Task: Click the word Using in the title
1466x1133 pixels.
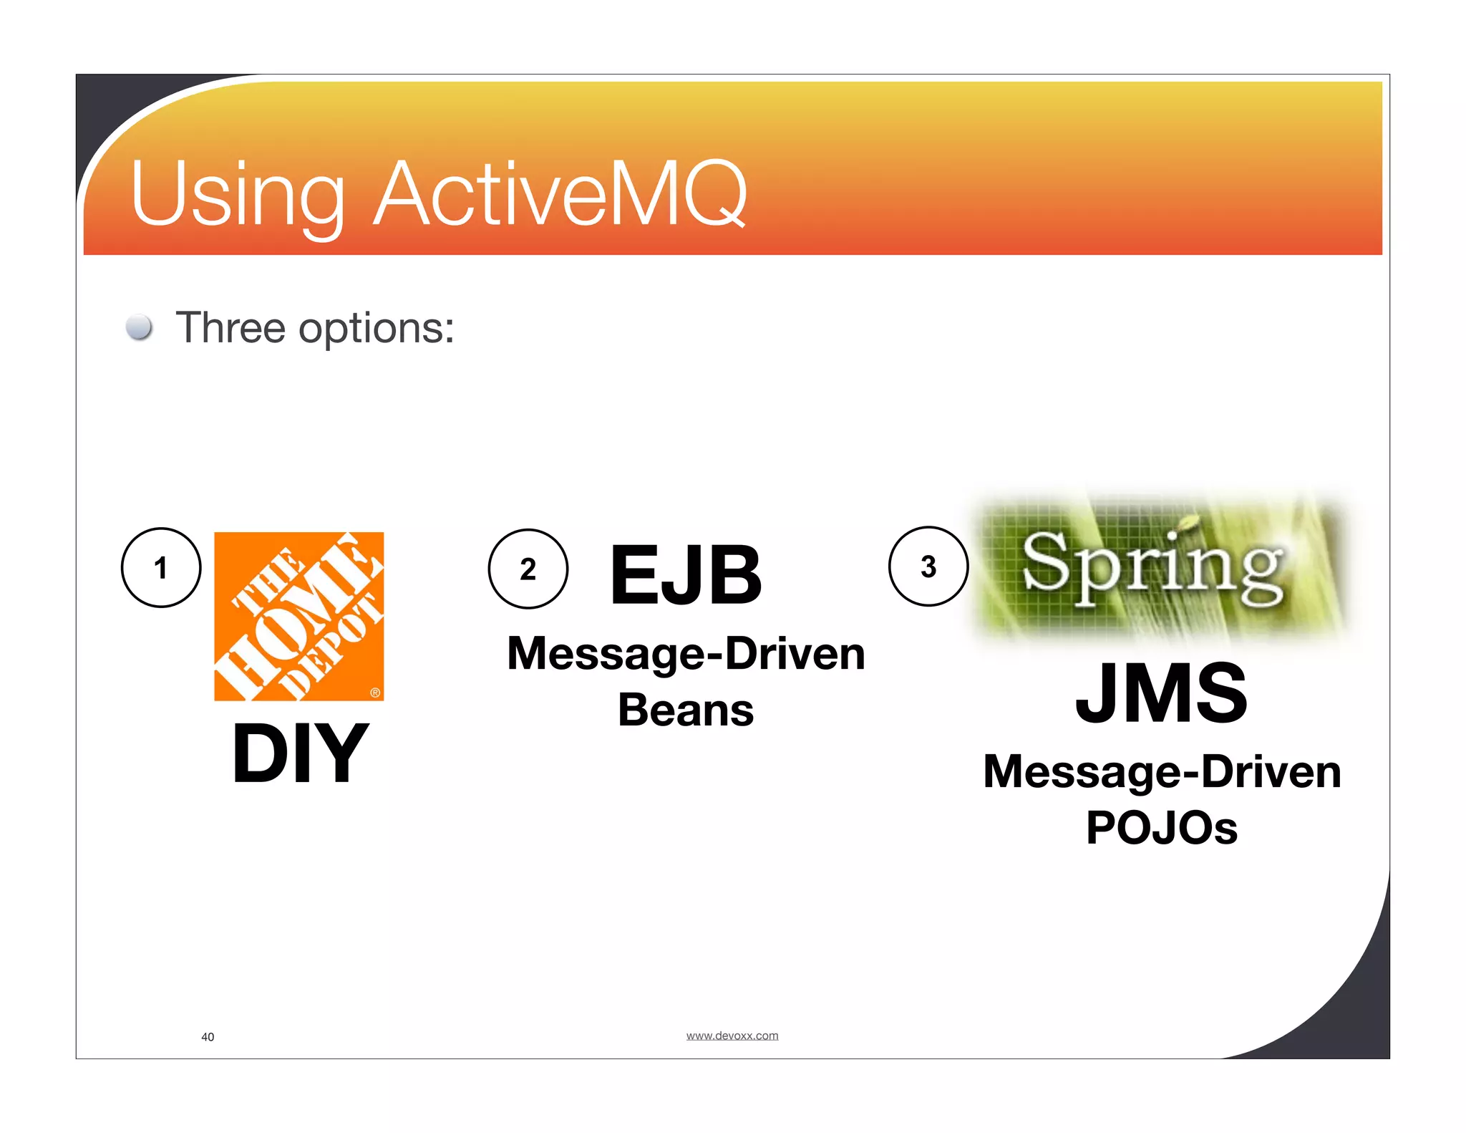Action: click(237, 194)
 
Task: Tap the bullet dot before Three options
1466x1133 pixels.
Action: click(139, 327)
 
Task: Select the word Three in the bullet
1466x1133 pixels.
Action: click(230, 328)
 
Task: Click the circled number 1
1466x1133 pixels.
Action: click(161, 568)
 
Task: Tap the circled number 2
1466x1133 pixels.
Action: click(528, 569)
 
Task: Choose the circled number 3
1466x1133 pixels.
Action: click(928, 566)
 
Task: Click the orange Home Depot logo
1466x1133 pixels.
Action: click(299, 616)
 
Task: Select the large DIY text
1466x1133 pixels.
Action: click(301, 753)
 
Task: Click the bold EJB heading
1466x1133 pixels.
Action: click(686, 574)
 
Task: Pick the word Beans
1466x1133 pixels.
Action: click(686, 710)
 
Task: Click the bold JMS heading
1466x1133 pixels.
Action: click(1161, 693)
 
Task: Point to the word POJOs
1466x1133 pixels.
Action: click(1161, 828)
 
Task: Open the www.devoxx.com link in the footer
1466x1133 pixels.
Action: click(732, 1036)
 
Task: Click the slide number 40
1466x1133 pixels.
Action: click(208, 1037)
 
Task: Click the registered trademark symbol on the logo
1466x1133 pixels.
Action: click(375, 693)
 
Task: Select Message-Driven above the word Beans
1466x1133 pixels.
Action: click(686, 654)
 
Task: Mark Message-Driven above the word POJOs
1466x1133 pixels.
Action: click(1162, 772)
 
